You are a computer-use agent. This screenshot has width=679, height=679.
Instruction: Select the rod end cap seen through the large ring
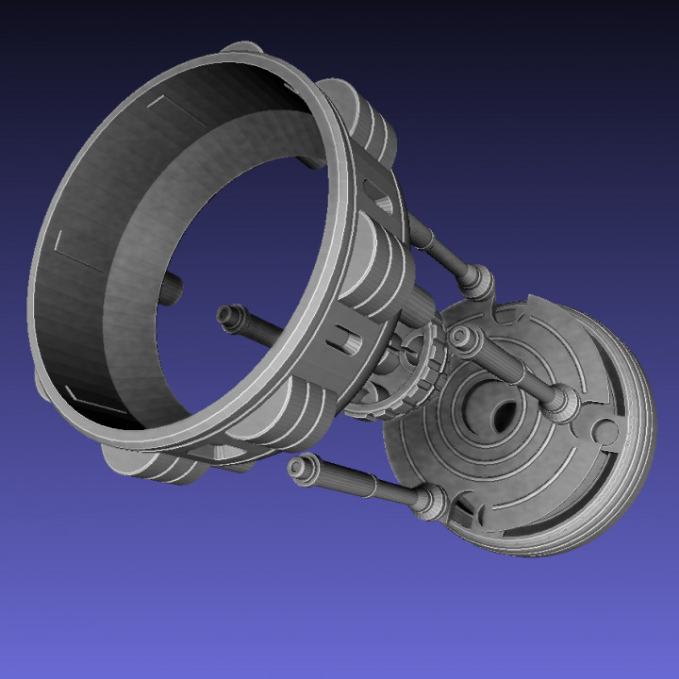(x=227, y=315)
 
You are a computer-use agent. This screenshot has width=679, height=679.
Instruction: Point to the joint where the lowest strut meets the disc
(x=430, y=500)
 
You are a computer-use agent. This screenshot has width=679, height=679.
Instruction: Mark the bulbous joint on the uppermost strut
(x=476, y=281)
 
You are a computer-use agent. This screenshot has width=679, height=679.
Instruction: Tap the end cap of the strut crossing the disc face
(x=463, y=337)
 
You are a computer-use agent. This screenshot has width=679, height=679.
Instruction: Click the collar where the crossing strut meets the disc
(x=560, y=403)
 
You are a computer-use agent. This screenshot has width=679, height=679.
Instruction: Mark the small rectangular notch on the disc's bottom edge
(x=463, y=515)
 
